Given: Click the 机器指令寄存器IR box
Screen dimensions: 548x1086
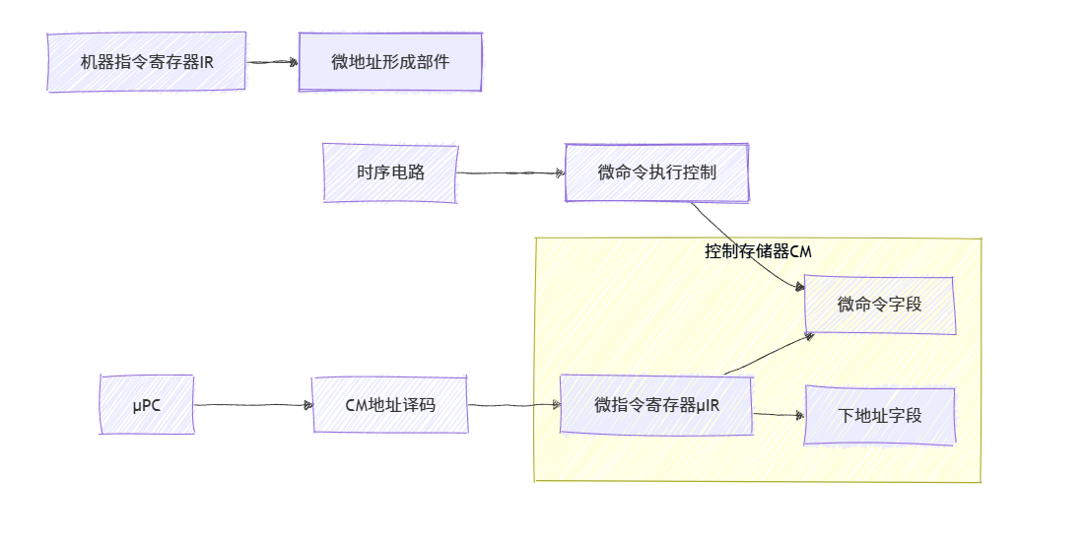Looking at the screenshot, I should coord(146,62).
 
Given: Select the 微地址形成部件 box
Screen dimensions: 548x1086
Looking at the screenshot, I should coord(390,62).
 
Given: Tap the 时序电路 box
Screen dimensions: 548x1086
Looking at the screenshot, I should coord(390,172).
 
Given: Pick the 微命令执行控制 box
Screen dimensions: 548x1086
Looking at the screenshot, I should coord(656,172).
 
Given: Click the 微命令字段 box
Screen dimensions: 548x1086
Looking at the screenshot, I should coord(880,305).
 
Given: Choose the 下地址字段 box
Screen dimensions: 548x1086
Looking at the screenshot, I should coord(880,415).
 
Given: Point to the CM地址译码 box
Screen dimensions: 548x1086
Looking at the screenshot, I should coord(390,404).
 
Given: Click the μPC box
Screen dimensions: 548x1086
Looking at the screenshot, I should coord(147,404).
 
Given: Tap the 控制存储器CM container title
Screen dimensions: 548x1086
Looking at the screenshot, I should coord(758,251).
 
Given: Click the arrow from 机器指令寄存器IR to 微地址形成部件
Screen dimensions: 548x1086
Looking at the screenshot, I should coord(272,62).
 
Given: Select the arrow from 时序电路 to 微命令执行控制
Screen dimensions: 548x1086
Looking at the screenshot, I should coord(510,173).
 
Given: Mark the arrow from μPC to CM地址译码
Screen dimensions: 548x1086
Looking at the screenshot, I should coord(252,404).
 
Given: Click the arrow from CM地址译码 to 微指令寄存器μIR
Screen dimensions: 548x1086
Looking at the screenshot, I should coord(513,405).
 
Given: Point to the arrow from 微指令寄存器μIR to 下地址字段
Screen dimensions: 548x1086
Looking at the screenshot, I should coord(779,414).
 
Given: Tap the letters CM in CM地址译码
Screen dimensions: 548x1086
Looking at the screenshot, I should coord(357,404).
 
